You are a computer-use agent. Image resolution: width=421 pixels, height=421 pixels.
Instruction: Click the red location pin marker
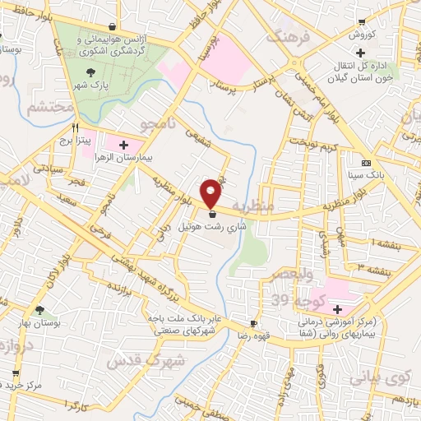coord(212,192)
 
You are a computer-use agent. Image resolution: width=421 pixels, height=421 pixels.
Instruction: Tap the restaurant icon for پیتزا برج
coord(76,128)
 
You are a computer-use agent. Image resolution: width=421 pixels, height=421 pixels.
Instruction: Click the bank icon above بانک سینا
coord(366,163)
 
